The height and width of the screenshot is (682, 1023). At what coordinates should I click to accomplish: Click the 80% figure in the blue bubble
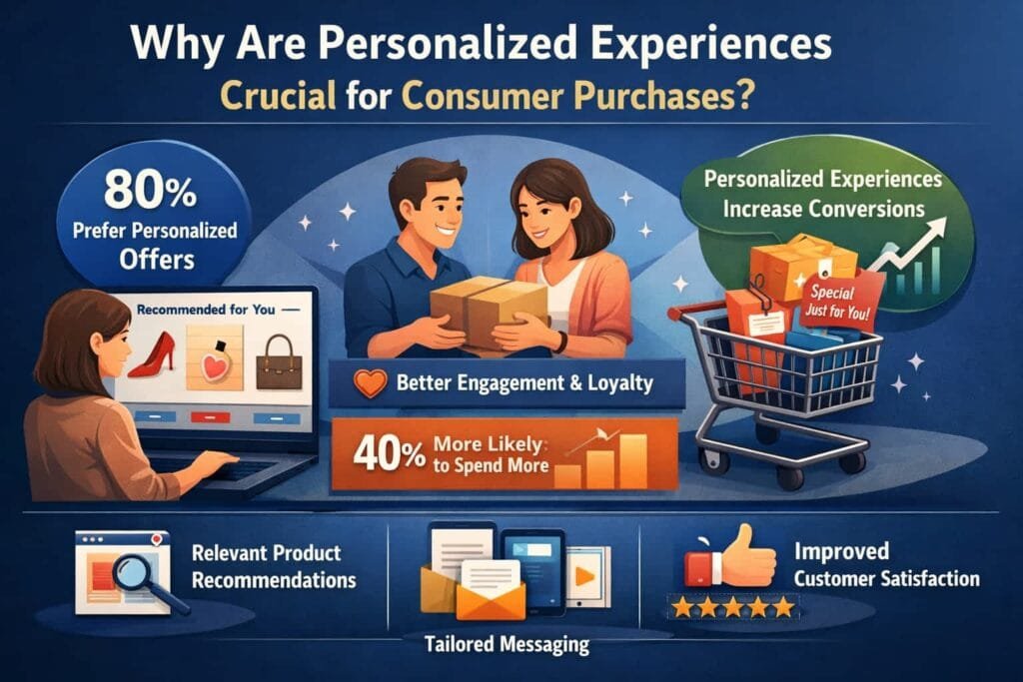tap(150, 190)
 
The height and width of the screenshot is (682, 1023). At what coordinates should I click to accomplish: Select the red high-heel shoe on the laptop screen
tap(153, 354)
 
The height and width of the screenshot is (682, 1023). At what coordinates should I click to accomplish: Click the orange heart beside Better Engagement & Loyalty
tap(370, 383)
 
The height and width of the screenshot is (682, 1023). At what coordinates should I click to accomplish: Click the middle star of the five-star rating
tap(733, 608)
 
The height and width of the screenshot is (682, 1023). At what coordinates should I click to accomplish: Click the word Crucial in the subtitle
tap(279, 95)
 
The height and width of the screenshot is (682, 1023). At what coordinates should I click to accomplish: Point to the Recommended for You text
tap(206, 310)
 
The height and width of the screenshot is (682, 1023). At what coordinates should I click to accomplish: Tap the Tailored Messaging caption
tap(507, 645)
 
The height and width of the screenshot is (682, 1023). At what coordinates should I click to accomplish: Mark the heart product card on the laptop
tap(215, 357)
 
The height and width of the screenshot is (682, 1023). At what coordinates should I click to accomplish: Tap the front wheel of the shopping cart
tap(791, 478)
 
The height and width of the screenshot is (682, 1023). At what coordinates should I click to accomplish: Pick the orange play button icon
tap(584, 576)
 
